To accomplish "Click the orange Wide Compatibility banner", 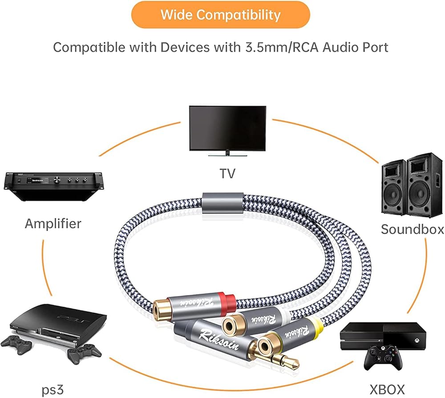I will (220, 15).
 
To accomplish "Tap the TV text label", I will (227, 173).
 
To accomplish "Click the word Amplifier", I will (53, 223).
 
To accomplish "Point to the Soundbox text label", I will (412, 229).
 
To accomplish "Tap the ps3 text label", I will (53, 390).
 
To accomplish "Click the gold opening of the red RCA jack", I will (162, 308).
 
